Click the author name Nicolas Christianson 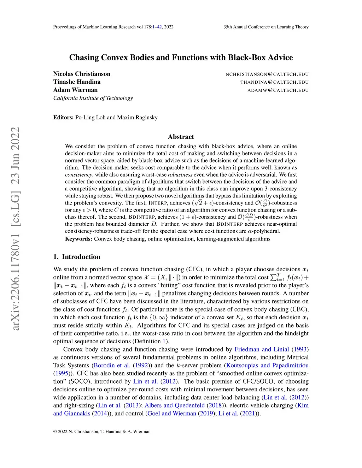(x=82, y=74)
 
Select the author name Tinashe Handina (x=77, y=82)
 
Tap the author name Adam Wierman (x=75, y=90)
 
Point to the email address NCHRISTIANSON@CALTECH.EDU (x=267, y=74)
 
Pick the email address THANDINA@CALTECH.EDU (x=274, y=82)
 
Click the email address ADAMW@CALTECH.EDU (x=278, y=90)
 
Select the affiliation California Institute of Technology (x=93, y=98)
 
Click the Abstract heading (x=181, y=137)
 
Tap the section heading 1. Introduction (x=77, y=257)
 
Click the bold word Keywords (x=78, y=239)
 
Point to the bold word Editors (x=64, y=118)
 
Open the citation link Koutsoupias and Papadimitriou (x=267, y=365)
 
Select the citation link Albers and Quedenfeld (x=175, y=405)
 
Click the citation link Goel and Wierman (x=172, y=413)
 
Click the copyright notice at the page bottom (x=102, y=431)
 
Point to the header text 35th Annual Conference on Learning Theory (x=266, y=27)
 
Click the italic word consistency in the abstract (x=78, y=174)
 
